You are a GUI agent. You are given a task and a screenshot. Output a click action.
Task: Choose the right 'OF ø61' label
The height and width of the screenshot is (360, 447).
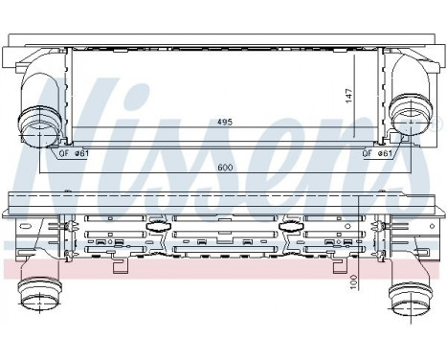376,152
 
